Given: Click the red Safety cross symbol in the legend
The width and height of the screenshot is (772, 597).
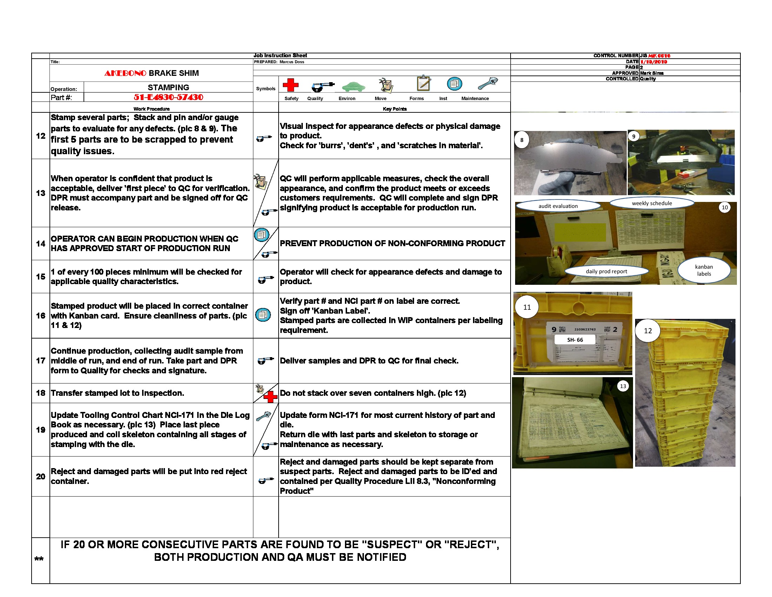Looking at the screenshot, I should pyautogui.click(x=290, y=85).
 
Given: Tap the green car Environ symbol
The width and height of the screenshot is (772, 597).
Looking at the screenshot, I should pyautogui.click(x=353, y=86).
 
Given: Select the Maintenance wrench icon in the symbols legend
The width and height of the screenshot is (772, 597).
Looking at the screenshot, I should pyautogui.click(x=487, y=84).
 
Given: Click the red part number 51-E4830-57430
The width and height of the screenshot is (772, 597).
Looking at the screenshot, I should pyautogui.click(x=168, y=97).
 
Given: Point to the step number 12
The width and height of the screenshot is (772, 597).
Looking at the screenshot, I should pyautogui.click(x=41, y=136).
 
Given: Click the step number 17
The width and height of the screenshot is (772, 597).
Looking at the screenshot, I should pyautogui.click(x=41, y=361).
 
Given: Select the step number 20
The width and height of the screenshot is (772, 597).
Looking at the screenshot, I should pyautogui.click(x=41, y=477).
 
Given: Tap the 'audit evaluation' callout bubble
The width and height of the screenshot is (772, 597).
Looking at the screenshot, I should pyautogui.click(x=558, y=206).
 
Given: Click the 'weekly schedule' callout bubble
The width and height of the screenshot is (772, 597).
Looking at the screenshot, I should pyautogui.click(x=652, y=203).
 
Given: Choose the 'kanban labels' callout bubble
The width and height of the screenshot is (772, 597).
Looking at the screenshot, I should pyautogui.click(x=704, y=270).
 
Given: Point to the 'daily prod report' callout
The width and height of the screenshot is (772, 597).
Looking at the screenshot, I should pyautogui.click(x=606, y=271).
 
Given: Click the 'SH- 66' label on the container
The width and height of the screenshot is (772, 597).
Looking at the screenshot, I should pyautogui.click(x=575, y=340).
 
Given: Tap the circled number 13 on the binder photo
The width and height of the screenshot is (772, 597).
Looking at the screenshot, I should pyautogui.click(x=623, y=386).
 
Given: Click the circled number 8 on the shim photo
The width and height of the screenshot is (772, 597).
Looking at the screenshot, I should pyautogui.click(x=521, y=140).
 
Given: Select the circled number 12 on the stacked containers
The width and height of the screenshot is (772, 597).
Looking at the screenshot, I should pyautogui.click(x=647, y=331).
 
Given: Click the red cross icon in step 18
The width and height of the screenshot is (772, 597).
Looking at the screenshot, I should pyautogui.click(x=271, y=397).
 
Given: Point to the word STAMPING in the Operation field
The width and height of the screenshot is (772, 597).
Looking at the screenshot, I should pyautogui.click(x=168, y=87).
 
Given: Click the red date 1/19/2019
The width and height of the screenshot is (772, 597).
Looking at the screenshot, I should pyautogui.click(x=654, y=62).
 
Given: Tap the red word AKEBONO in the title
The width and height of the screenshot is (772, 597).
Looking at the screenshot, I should pyautogui.click(x=125, y=73).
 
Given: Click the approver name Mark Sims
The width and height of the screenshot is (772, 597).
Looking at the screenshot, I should pyautogui.click(x=652, y=73).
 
